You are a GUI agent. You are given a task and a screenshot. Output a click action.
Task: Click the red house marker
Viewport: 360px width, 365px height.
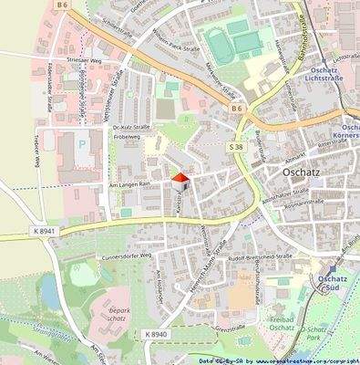pyautogui.click(x=180, y=179)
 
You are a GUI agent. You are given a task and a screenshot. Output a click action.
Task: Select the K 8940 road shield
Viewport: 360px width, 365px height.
pyautogui.click(x=156, y=335)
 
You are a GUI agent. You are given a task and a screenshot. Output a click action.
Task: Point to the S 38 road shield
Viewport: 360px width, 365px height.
pyautogui.click(x=236, y=146)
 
